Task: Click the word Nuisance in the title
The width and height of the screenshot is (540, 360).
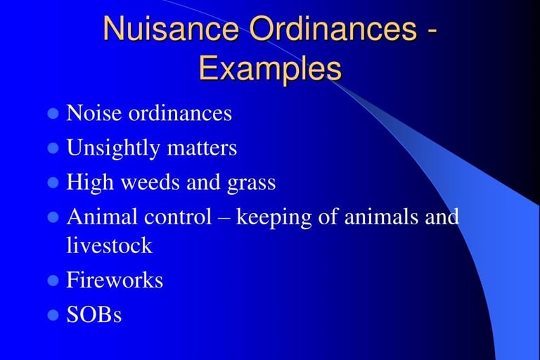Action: (171, 28)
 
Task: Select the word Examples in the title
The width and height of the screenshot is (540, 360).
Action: (270, 68)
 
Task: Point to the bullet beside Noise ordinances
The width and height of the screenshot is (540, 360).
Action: (53, 113)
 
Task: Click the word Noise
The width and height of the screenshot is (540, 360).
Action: (94, 112)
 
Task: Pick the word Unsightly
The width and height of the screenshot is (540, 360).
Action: (113, 148)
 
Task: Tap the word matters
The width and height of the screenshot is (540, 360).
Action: (202, 148)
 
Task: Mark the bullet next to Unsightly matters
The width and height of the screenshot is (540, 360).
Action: (53, 148)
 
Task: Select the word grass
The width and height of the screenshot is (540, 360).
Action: (252, 184)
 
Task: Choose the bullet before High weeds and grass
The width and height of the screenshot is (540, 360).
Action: (53, 183)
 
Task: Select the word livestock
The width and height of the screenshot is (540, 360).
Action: (110, 245)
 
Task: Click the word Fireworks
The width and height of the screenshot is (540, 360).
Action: (115, 279)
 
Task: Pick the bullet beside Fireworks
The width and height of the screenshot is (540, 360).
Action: (53, 280)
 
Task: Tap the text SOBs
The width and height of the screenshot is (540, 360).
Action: (94, 314)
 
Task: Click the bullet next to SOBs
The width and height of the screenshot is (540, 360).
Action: (53, 315)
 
